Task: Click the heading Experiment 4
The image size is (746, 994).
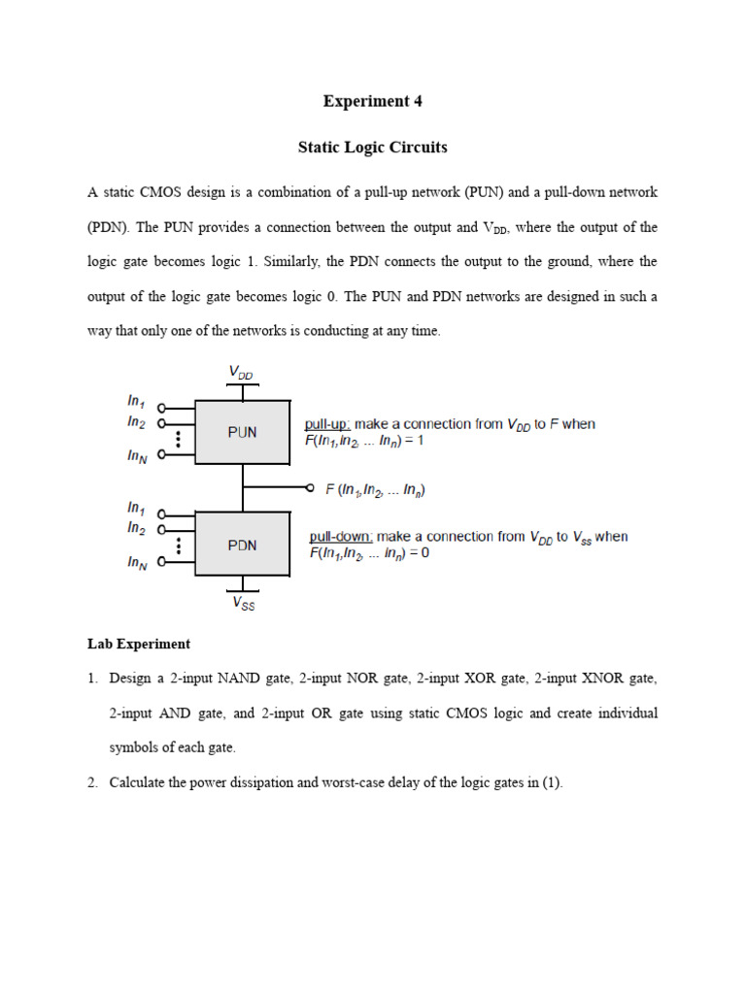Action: click(373, 101)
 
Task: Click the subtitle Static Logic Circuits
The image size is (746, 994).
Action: click(373, 148)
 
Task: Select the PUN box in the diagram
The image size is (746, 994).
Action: click(243, 432)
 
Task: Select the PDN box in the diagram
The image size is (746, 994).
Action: click(243, 545)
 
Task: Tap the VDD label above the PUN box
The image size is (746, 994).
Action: click(243, 372)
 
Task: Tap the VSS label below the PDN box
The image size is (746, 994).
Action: click(243, 603)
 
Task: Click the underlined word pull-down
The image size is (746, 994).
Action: click(339, 536)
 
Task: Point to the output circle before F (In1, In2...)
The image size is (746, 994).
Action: click(310, 488)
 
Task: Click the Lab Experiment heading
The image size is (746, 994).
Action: click(139, 644)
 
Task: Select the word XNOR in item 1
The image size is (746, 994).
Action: click(603, 678)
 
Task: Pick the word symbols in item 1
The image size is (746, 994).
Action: click(133, 747)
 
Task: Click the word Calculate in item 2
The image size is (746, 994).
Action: click(140, 782)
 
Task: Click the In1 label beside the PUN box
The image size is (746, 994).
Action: click(136, 400)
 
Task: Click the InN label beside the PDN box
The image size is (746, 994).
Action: click(137, 562)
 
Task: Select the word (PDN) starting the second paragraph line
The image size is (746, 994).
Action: click(108, 227)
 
